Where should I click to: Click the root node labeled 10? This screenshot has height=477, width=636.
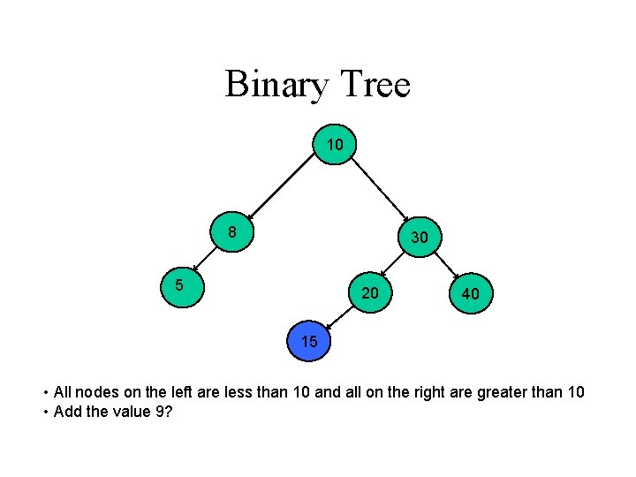334,144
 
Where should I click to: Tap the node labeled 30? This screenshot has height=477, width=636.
420,237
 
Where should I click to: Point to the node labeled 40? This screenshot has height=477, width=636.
471,292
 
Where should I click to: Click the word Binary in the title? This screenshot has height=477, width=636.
275,85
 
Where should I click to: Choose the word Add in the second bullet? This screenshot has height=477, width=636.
67,411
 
